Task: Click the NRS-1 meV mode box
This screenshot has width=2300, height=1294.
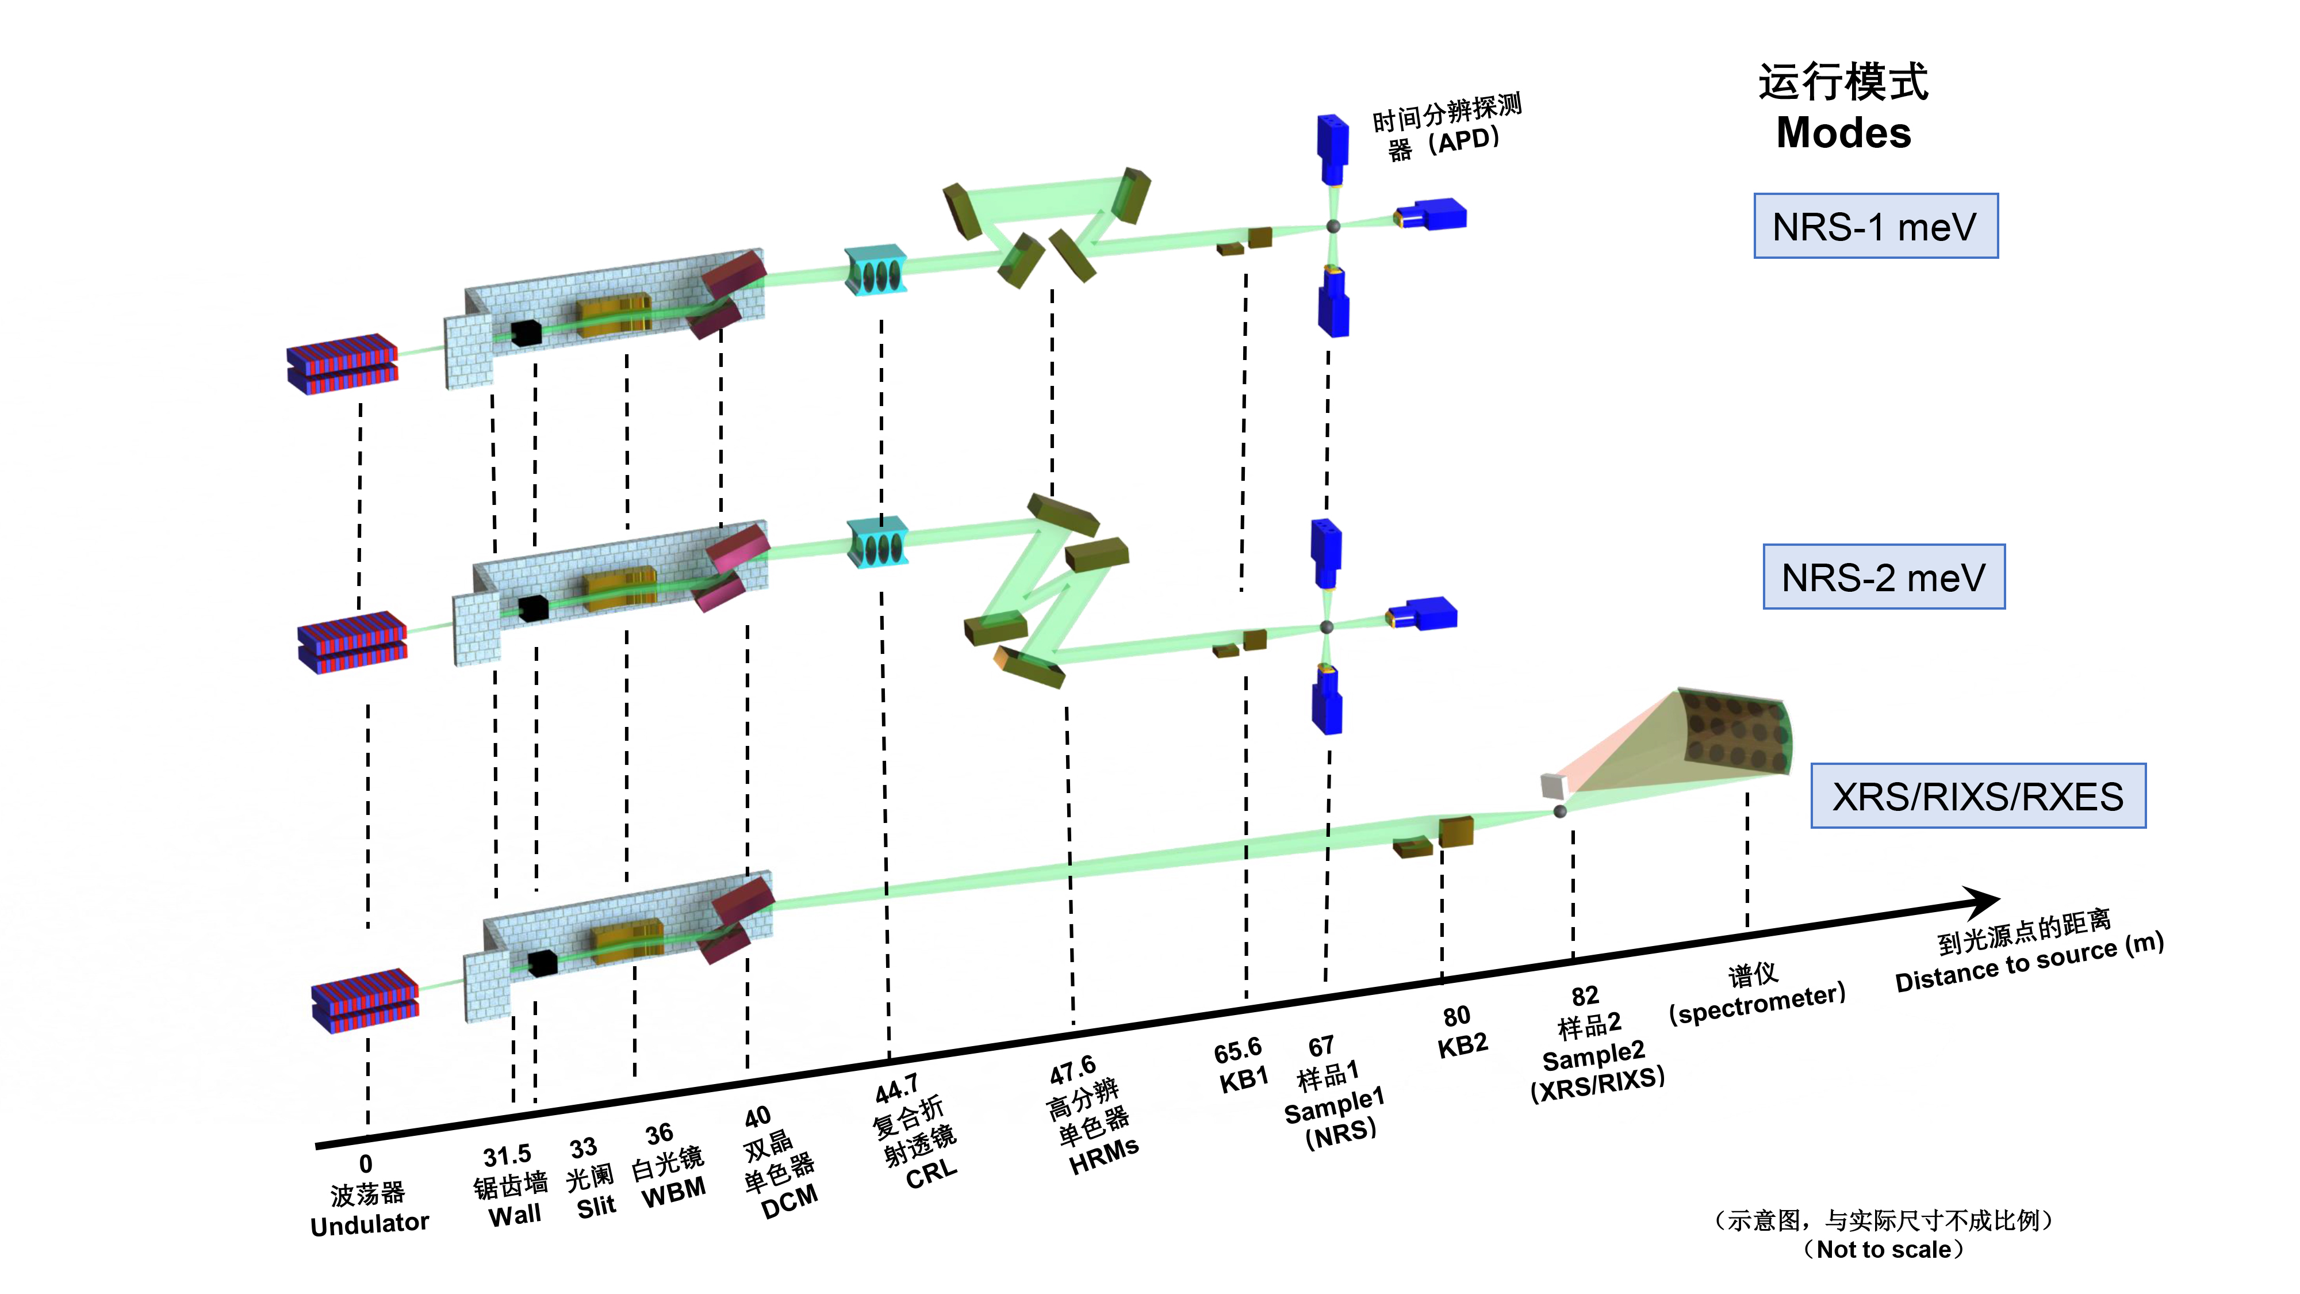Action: tap(1875, 227)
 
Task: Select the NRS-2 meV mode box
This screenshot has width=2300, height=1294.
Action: tap(1883, 577)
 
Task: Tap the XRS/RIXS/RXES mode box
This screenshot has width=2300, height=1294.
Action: tap(1977, 796)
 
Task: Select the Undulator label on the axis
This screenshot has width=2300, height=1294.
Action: tap(370, 1223)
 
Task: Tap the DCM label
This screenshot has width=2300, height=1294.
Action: tap(789, 1201)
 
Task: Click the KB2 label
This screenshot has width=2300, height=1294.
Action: tap(1462, 1045)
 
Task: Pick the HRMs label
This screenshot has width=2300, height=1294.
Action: tap(1105, 1157)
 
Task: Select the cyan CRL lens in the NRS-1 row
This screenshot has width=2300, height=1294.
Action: tap(876, 270)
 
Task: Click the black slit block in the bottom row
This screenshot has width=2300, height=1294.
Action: tap(542, 963)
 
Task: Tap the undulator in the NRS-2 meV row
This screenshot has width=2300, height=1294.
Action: tap(352, 642)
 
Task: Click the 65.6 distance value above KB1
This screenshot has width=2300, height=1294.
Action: tap(1237, 1051)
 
